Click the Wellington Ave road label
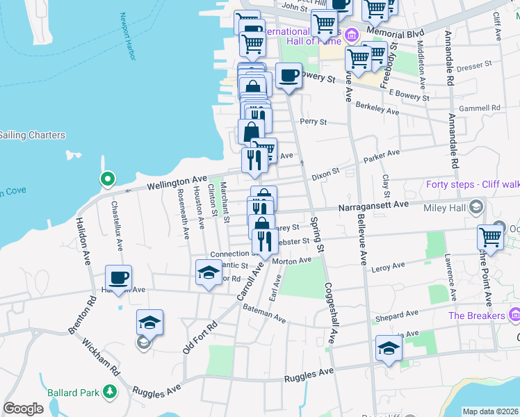pos(177,183)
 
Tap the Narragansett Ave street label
pos(373,206)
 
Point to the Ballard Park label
pos(74,392)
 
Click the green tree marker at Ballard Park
pos(110,392)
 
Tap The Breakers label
pos(476,316)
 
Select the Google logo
pos(23,409)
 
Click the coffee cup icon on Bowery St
pos(289,76)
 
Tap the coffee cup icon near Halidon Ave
pos(118,278)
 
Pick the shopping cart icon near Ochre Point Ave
pos(490,237)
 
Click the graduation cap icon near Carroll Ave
pos(209,272)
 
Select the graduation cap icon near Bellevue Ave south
pos(389,348)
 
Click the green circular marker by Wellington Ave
pos(107,180)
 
